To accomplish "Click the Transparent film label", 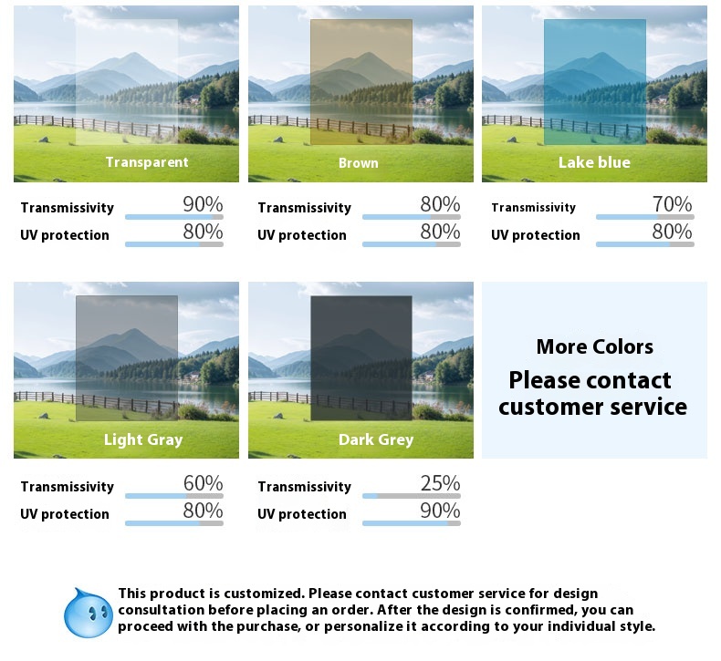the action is tap(147, 162).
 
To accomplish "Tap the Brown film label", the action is tap(358, 163).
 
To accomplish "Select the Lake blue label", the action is tap(594, 162).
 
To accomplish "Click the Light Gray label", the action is tap(143, 440).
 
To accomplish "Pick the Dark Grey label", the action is tap(376, 440).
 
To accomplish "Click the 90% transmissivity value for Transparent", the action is tap(203, 204).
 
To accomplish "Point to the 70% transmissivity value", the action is tap(672, 204).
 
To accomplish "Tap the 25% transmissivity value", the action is tap(440, 483).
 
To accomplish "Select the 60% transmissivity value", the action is tap(203, 483).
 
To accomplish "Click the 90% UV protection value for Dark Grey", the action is tap(440, 511).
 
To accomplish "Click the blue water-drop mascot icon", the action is tap(88, 613).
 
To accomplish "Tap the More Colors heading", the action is tap(594, 346).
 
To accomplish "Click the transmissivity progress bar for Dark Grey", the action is tap(412, 496).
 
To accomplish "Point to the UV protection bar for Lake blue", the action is tap(645, 245).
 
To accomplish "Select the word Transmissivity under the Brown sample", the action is tap(305, 208).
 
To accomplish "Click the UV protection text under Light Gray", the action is tap(65, 514).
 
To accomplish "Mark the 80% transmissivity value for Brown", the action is tap(440, 204).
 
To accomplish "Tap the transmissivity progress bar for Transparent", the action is tap(174, 217).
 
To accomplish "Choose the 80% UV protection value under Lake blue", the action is tap(672, 232).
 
